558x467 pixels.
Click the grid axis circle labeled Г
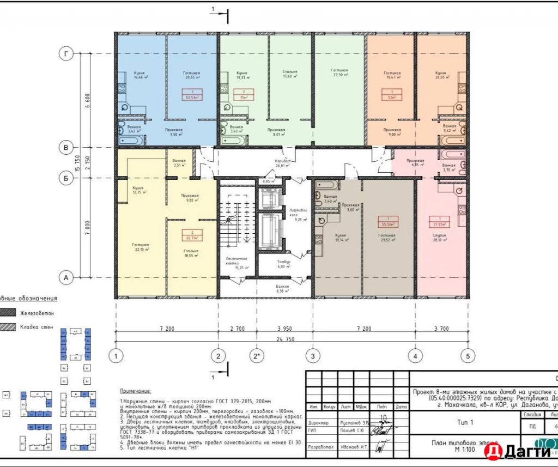coord(66,53)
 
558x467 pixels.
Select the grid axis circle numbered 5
coord(467,356)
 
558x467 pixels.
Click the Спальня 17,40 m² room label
coord(290,74)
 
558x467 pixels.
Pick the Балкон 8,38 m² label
coord(282,289)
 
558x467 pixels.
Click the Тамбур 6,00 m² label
coord(282,264)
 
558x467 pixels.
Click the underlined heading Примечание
coord(136,391)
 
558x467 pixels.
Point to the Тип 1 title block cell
coord(464,422)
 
